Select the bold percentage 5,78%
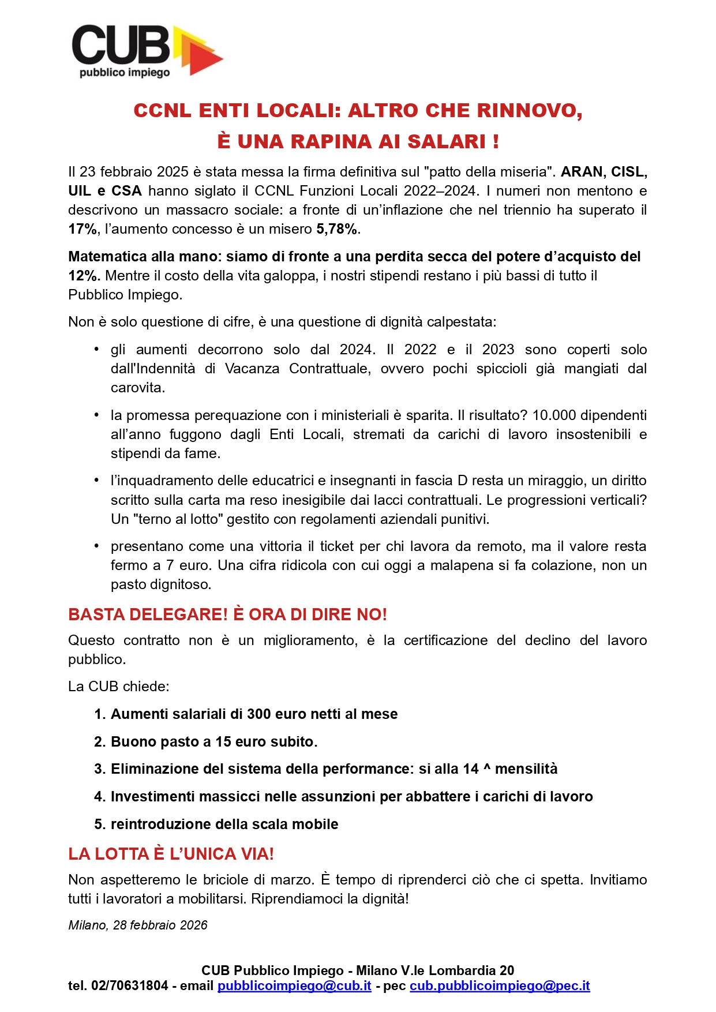click(337, 229)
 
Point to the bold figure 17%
click(83, 229)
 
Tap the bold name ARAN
click(582, 172)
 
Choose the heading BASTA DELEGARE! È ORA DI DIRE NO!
click(227, 614)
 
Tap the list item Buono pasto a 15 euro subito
click(214, 742)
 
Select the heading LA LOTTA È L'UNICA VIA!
click(171, 854)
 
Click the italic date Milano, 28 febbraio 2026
click(138, 925)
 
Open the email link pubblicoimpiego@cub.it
click(294, 986)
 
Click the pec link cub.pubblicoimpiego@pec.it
click(500, 986)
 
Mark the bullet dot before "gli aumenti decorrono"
click(97, 349)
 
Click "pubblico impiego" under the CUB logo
click(125, 73)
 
